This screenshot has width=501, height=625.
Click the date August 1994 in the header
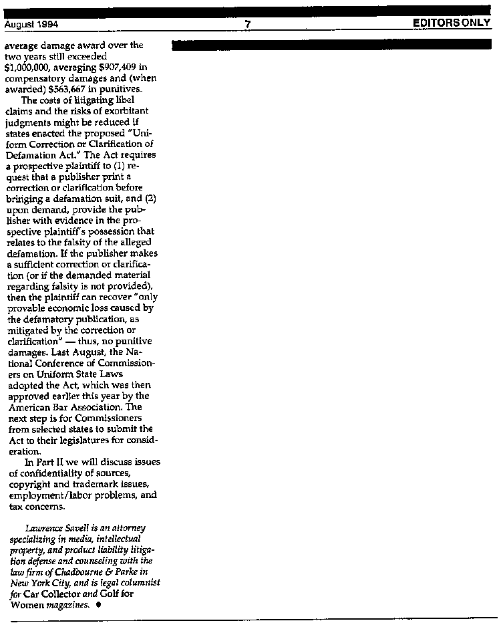31,25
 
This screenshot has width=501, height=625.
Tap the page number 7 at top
247,25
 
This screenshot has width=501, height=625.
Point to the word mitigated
31,330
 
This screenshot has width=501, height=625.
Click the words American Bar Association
66,406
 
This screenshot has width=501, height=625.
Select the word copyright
30,483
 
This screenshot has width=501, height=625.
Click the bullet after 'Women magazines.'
98,604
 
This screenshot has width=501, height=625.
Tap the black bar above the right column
335,45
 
